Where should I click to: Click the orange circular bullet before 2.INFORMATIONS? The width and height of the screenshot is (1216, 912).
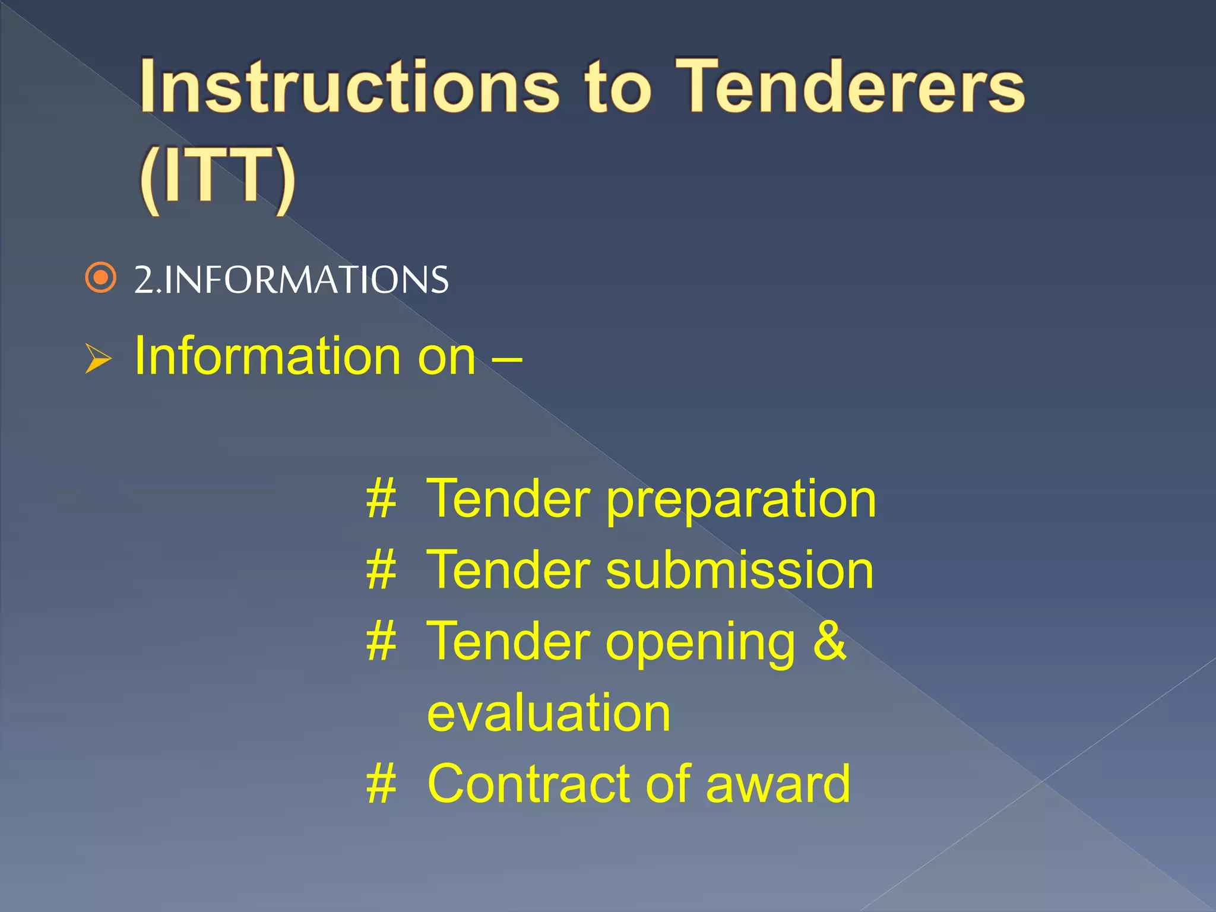[x=100, y=277]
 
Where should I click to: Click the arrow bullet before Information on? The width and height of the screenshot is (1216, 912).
[x=97, y=358]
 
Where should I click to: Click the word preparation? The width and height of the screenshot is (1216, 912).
[x=740, y=500]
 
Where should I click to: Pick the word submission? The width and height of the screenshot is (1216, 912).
[x=739, y=570]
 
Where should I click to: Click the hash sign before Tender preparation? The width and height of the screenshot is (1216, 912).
[x=381, y=499]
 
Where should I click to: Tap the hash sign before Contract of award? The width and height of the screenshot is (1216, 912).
[x=381, y=784]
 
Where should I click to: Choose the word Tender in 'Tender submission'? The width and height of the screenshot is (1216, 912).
[x=509, y=570]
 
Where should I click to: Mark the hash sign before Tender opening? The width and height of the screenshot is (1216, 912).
[x=381, y=642]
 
